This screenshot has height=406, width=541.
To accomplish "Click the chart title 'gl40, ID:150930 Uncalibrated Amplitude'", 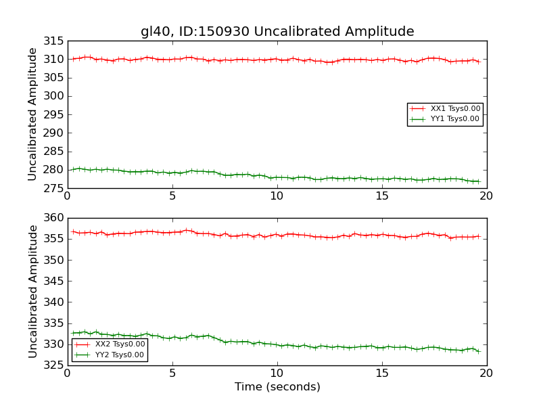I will click(277, 31).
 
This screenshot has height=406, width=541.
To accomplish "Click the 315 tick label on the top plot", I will click(54, 41).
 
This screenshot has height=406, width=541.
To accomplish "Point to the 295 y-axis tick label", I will click(54, 114).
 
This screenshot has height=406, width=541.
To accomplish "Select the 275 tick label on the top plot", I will click(54, 188).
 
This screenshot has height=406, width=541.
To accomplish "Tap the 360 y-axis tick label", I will click(54, 218).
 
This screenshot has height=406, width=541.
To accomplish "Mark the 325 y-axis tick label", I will click(54, 365).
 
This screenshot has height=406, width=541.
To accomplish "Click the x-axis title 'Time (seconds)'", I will click(277, 387).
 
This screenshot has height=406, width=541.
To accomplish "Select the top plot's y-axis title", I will click(32, 114).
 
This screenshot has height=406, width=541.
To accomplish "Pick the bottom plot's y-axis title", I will click(32, 292).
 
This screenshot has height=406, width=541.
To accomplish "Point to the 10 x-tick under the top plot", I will click(277, 196).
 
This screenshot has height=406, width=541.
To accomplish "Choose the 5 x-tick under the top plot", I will click(172, 196).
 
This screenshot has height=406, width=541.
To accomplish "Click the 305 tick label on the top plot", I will click(54, 78).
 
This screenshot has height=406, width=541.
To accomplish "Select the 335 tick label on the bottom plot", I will click(54, 323).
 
